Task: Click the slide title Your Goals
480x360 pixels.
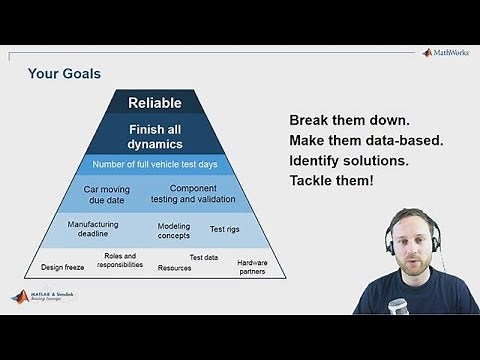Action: pyautogui.click(x=64, y=73)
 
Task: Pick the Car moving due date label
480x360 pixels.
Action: pyautogui.click(x=108, y=194)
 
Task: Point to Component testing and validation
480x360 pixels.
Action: pyautogui.click(x=194, y=194)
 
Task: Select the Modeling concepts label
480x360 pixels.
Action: pyautogui.click(x=174, y=232)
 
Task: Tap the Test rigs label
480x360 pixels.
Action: pyautogui.click(x=224, y=229)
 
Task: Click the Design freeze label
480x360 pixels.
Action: pyautogui.click(x=62, y=267)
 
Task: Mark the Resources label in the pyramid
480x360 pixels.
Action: pyautogui.click(x=175, y=268)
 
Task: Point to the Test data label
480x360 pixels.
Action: pyautogui.click(x=204, y=257)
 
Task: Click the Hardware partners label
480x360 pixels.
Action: pyautogui.click(x=252, y=266)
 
